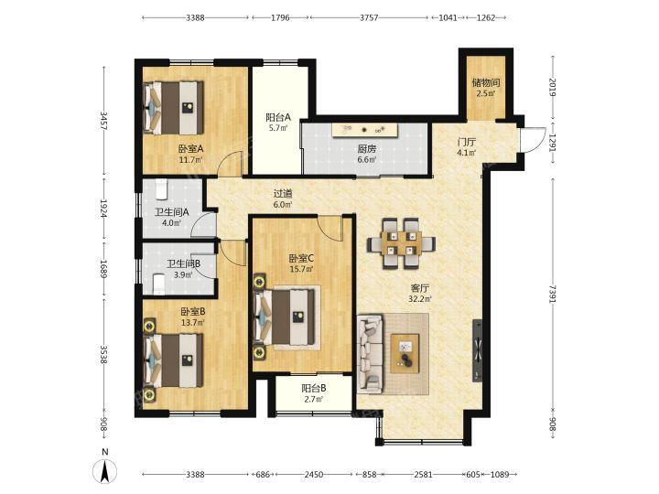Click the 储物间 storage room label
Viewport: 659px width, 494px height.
[x=486, y=82]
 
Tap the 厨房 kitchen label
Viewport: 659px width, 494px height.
[x=366, y=149]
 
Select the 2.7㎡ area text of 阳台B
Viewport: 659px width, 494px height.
[x=314, y=399]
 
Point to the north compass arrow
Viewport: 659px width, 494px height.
[x=105, y=471]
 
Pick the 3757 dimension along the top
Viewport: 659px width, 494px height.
[x=369, y=17]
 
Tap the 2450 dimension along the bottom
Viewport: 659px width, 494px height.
[x=314, y=474]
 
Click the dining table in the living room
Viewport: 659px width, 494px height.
[x=401, y=243]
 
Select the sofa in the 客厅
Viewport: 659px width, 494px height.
[x=371, y=354]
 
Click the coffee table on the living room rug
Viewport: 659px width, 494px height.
[x=405, y=353]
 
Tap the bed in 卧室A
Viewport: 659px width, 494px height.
[x=173, y=108]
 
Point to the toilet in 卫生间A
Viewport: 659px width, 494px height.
[x=162, y=189]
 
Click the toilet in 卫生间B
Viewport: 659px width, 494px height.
[x=158, y=284]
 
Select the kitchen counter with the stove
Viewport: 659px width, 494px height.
[x=365, y=130]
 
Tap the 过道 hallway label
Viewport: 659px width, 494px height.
[x=283, y=194]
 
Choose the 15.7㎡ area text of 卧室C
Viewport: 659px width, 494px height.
[x=301, y=269]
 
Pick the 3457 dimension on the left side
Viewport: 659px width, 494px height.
[x=103, y=121]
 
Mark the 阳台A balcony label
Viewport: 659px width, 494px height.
[x=278, y=117]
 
